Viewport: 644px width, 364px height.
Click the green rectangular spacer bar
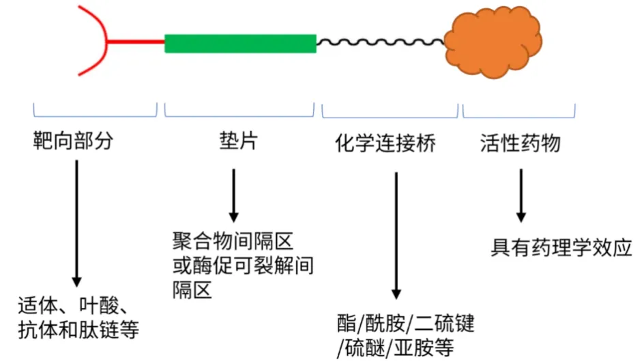pyautogui.click(x=240, y=43)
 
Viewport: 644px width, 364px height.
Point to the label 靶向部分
pyautogui.click(x=73, y=142)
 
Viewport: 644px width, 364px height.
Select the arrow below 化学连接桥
pyautogui.click(x=395, y=235)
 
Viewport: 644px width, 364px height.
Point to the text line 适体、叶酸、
pyautogui.click(x=74, y=305)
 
